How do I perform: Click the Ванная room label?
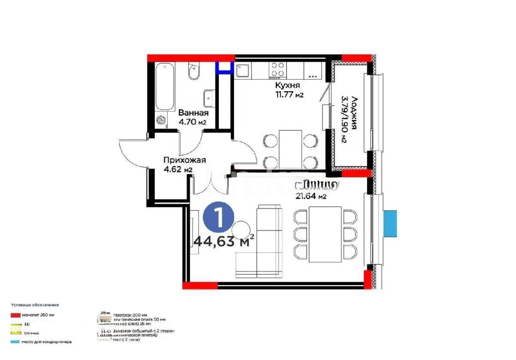tap(193, 113)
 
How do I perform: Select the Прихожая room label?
tap(184, 160)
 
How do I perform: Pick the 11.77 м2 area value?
tap(289, 95)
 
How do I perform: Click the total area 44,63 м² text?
tap(224, 241)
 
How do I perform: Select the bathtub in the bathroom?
tap(165, 87)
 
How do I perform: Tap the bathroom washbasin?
tap(209, 98)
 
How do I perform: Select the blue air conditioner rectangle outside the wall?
tap(390, 223)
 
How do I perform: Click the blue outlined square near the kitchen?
tap(223, 68)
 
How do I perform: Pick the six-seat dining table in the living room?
tap(326, 234)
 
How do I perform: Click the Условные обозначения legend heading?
tap(35, 305)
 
